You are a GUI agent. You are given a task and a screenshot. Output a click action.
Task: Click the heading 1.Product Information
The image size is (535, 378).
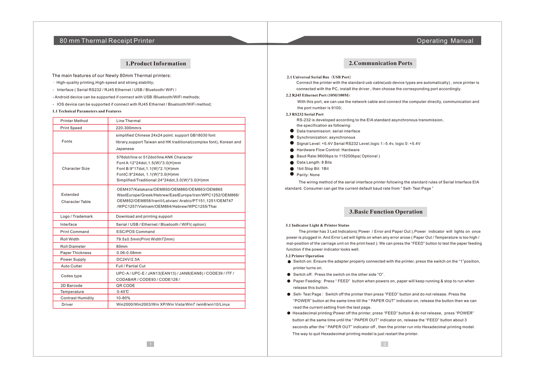point(155,64)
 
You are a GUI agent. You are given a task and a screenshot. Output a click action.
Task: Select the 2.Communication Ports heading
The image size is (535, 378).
point(380,63)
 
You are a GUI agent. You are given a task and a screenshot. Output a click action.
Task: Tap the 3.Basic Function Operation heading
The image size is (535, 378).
point(386,212)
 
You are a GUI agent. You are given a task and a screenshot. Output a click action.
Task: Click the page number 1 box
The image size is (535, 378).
point(150,344)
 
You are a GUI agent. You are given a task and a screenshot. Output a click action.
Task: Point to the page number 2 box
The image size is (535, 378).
point(385,344)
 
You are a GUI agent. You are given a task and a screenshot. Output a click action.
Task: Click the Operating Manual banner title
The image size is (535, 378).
point(445,41)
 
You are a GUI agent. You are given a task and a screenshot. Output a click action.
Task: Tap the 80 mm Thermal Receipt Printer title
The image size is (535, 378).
point(107,41)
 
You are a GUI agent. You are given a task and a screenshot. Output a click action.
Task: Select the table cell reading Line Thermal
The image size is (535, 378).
point(128,121)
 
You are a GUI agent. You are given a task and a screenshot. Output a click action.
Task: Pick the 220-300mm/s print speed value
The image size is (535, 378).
point(128,128)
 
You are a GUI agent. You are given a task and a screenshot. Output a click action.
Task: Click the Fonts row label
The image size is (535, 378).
point(67,141)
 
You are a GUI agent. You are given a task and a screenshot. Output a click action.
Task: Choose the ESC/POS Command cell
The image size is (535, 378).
point(135,232)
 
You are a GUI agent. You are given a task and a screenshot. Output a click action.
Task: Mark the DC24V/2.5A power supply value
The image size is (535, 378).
point(128,259)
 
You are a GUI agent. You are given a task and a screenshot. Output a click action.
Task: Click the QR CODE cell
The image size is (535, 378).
point(125,286)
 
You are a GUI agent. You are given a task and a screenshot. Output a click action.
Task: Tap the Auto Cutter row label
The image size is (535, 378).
point(72,266)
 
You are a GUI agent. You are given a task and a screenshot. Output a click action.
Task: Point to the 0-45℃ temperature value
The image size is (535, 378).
point(123,292)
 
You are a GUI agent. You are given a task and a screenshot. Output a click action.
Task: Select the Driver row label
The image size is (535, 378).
point(67,304)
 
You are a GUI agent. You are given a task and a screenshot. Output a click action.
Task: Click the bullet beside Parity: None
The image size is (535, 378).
point(292,174)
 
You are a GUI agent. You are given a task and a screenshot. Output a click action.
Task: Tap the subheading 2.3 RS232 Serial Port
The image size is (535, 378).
point(305,114)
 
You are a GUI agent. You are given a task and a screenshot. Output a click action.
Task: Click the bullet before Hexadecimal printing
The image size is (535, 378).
point(289,313)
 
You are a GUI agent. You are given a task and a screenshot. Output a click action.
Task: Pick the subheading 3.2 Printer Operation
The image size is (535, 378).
point(305,256)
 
